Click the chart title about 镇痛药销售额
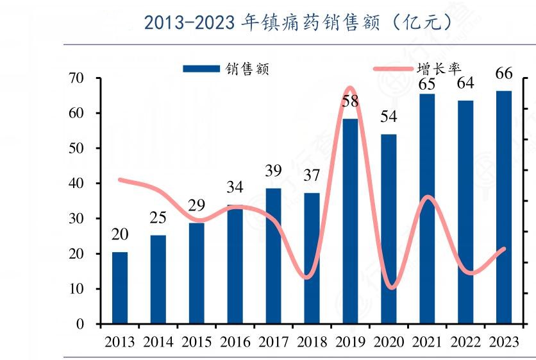click(298, 22)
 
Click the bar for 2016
click(235, 264)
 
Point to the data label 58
click(351, 102)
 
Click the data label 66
click(504, 74)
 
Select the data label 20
click(120, 235)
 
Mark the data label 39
click(274, 171)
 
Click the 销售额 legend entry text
click(247, 69)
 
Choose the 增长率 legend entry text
click(439, 69)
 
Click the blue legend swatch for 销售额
click(201, 69)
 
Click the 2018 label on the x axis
click(312, 341)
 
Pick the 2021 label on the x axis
click(427, 341)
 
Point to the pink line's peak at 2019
click(350, 87)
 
